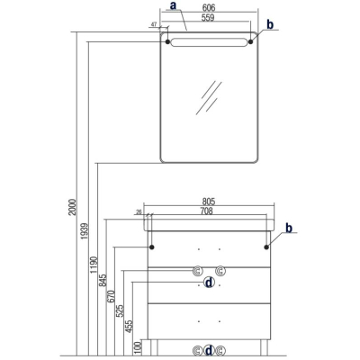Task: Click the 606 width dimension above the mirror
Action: tap(209, 8)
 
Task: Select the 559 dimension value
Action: tap(208, 18)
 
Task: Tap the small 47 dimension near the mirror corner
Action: tap(154, 24)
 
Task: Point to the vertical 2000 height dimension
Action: tap(73, 207)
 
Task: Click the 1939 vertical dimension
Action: tap(85, 231)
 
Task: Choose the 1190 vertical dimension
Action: tap(94, 265)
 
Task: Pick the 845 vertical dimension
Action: tap(103, 280)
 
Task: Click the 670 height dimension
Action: tap(112, 296)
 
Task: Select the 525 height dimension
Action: tap(120, 311)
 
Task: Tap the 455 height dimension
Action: tap(129, 326)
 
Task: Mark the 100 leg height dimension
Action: tap(138, 347)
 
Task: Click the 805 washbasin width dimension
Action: tap(209, 202)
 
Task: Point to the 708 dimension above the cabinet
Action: tap(207, 211)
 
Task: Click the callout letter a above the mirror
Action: tap(173, 5)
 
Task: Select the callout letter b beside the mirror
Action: tap(270, 24)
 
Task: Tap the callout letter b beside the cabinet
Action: tap(289, 228)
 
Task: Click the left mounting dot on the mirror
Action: tap(167, 41)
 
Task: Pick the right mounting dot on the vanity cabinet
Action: tap(266, 247)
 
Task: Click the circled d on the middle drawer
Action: tap(209, 283)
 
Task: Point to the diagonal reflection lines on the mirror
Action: tap(209, 97)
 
